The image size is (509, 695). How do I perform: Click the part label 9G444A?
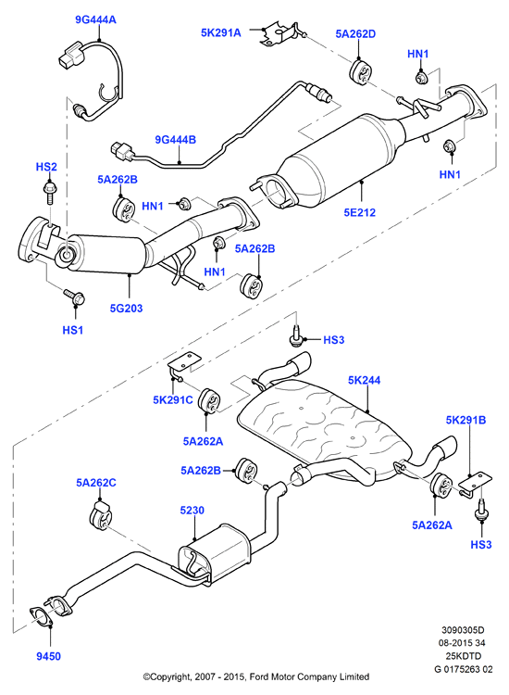coord(95,19)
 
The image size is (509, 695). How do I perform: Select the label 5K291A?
coord(221,32)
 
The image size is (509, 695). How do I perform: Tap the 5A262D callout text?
coord(355,33)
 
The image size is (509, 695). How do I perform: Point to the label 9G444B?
coord(175,140)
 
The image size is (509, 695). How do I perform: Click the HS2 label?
coord(46,167)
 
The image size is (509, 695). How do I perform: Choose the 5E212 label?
coord(359,212)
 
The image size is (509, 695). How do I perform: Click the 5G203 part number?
coord(126,308)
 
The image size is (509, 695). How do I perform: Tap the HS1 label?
coord(72,330)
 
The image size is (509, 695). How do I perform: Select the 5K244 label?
coord(364,380)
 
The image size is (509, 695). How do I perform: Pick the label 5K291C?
coord(173,399)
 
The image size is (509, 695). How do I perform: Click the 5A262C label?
coord(96,483)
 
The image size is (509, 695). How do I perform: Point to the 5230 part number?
coord(192,511)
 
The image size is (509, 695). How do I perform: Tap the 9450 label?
coord(49,656)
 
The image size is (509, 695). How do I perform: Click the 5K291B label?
coord(466,420)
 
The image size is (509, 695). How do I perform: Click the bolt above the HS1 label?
coord(75,297)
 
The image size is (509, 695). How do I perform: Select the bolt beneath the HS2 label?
coord(49,192)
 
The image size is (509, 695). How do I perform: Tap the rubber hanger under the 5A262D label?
coord(361,72)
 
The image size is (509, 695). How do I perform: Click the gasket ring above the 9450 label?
coord(42,617)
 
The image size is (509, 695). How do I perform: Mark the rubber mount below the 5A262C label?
coord(101,516)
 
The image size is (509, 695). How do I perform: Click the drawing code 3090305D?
coord(463,630)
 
